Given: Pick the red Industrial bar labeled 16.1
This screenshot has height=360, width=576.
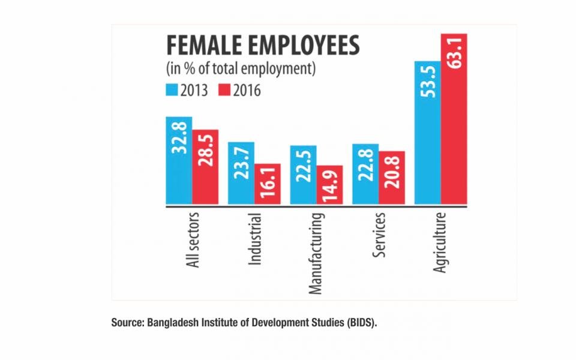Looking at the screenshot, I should click(268, 184).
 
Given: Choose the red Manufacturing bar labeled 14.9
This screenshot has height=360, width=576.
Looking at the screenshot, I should click(330, 185).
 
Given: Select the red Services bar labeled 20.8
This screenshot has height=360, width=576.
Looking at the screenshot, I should click(392, 177).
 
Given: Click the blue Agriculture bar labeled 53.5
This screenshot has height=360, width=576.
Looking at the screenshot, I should click(428, 132).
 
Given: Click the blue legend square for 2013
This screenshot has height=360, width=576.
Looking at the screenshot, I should click(171, 91).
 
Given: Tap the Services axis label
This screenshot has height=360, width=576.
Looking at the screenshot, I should click(379, 235).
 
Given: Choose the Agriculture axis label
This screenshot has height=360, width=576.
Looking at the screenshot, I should click(441, 242).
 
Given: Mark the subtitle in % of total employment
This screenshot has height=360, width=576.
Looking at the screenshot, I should click(240, 68).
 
